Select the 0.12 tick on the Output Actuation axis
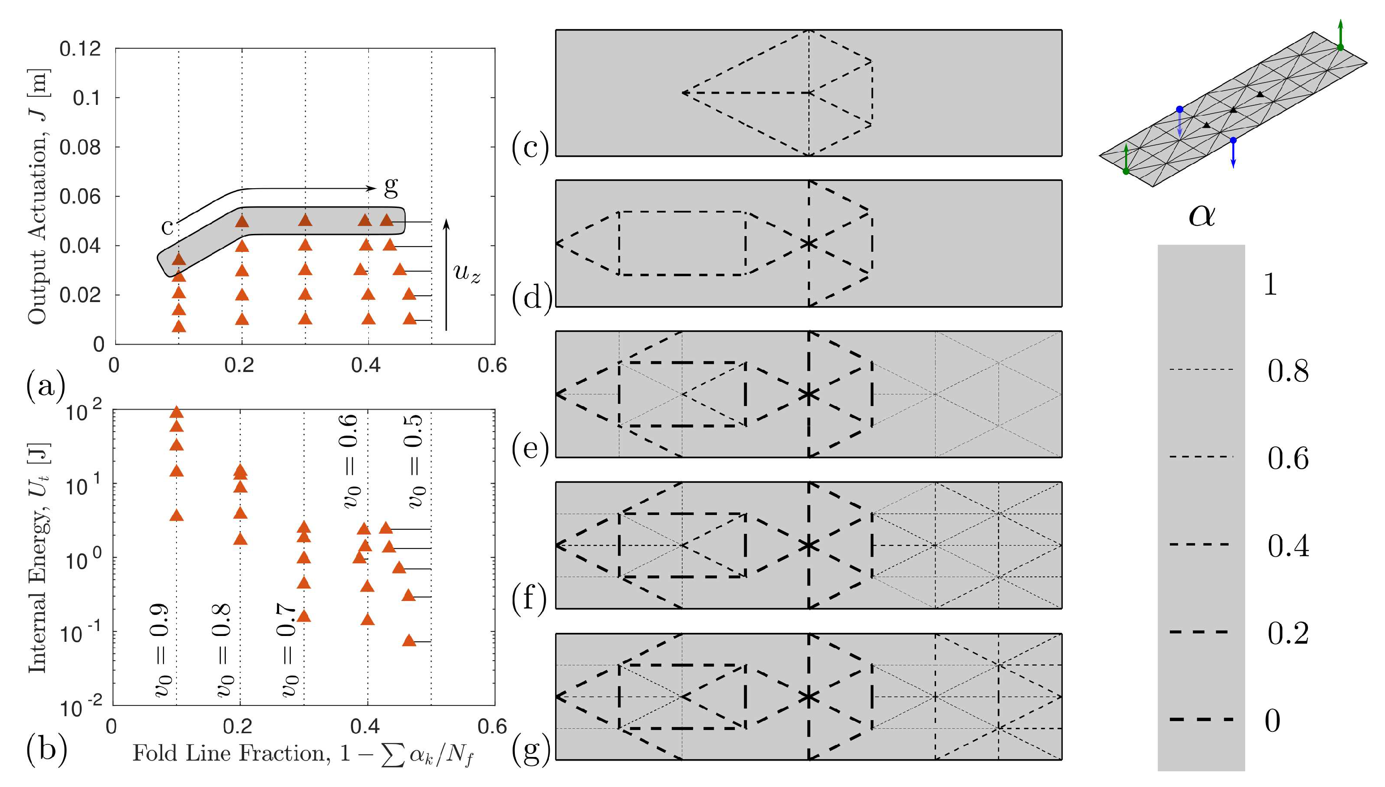click(x=80, y=49)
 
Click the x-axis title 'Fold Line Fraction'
click(x=302, y=754)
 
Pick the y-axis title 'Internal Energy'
click(x=38, y=557)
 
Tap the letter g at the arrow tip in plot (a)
click(x=391, y=186)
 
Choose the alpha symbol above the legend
click(x=1202, y=216)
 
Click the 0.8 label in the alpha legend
click(x=1288, y=372)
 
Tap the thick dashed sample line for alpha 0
click(x=1201, y=719)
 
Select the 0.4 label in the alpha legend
click(x=1288, y=546)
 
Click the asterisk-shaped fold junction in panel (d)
click(x=808, y=244)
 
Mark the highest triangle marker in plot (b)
click(x=176, y=413)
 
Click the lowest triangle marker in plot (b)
click(x=409, y=641)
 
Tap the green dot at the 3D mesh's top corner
click(x=1340, y=48)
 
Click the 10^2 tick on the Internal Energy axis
click(x=84, y=412)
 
